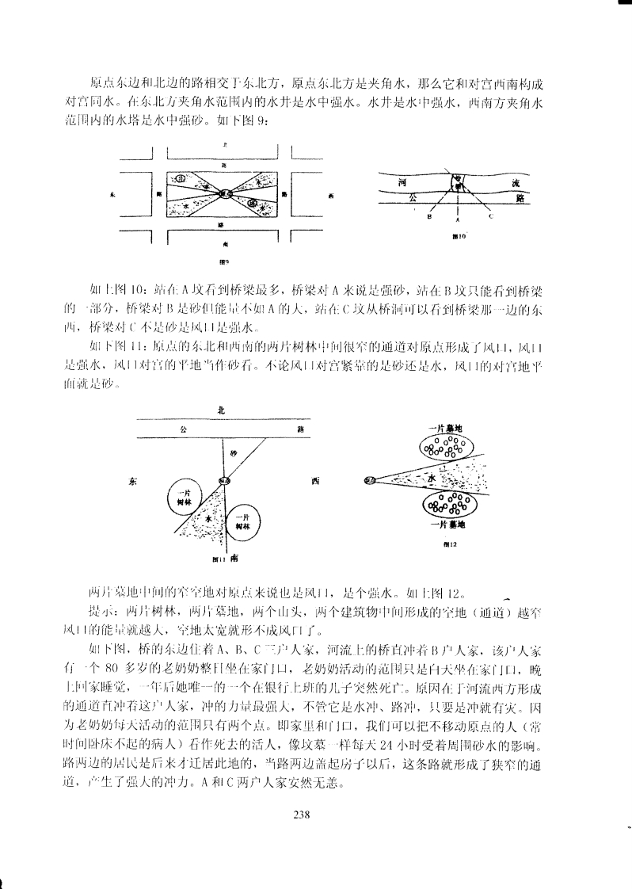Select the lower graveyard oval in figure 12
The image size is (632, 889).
(448, 503)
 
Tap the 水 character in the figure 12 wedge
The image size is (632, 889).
(432, 479)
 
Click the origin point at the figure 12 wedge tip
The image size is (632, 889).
(369, 480)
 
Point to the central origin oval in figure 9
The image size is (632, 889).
(224, 193)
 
